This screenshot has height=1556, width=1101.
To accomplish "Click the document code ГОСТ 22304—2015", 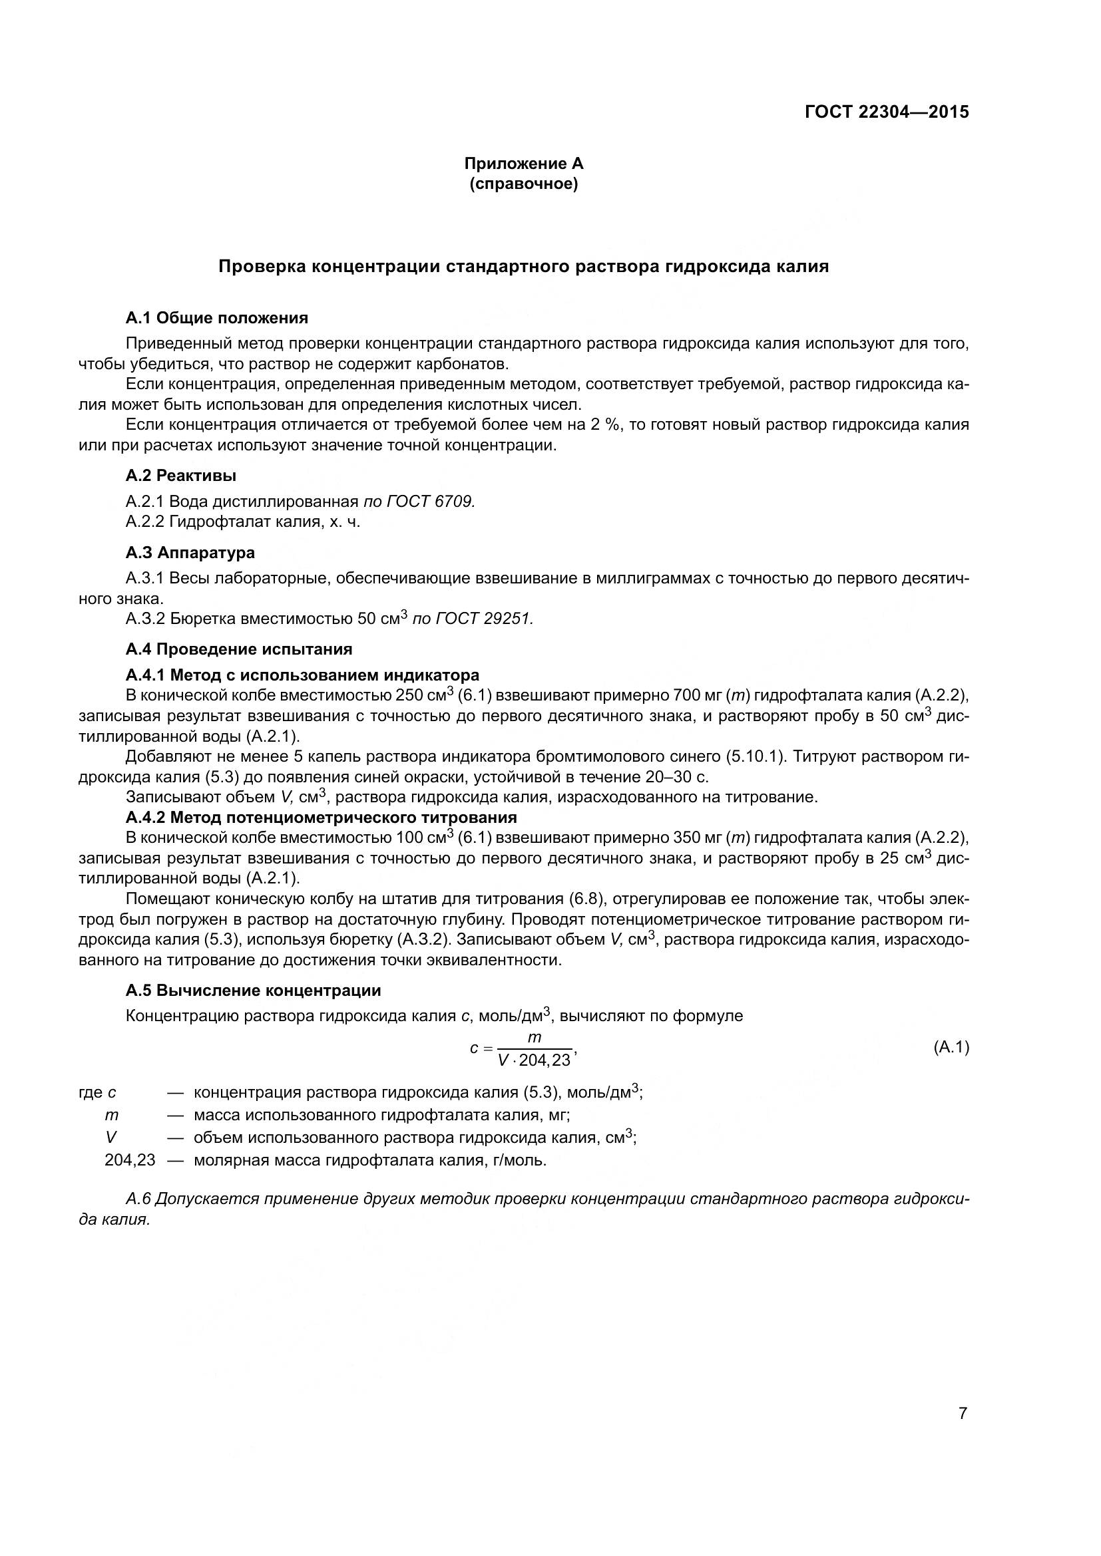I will tap(887, 112).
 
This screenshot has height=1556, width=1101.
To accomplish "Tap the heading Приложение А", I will tap(523, 164).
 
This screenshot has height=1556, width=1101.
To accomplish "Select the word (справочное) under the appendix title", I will tap(523, 184).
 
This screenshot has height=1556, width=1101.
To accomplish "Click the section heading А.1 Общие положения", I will tap(217, 318).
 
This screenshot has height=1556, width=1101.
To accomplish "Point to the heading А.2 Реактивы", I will tap(181, 476).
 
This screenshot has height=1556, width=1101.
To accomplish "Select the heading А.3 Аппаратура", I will tap(190, 552).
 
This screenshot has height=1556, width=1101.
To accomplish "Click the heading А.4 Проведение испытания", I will tap(240, 649).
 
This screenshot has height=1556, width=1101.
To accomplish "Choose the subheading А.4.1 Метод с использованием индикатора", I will tap(302, 675).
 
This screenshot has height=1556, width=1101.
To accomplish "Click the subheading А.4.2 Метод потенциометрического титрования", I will tap(322, 818).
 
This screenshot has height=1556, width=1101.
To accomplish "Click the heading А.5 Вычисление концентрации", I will tap(254, 991).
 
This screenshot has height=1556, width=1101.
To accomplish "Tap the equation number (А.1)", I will tap(951, 1047).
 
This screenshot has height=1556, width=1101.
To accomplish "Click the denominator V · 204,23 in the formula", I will tap(535, 1060).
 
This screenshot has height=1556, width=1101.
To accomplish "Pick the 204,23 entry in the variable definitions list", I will tap(130, 1160).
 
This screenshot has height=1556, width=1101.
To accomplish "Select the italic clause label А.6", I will tap(138, 1199).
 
